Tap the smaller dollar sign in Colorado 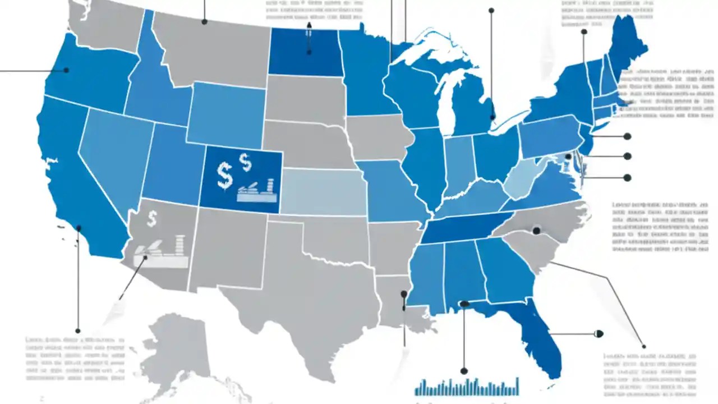click(x=245, y=162)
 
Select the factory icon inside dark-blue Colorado click(x=257, y=191)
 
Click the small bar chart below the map click(x=467, y=387)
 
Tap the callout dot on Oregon click(x=66, y=70)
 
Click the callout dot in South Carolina click(x=536, y=230)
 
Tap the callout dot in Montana click(x=204, y=21)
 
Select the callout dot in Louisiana click(x=403, y=293)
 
